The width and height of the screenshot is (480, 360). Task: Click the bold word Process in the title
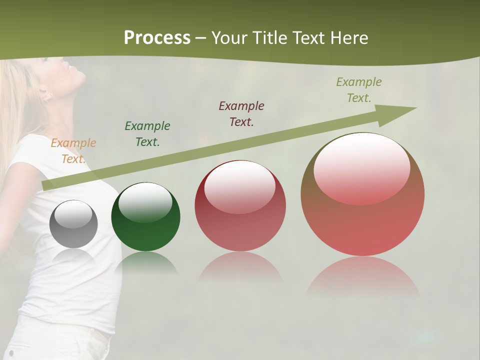157,38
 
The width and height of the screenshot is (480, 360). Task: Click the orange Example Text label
73,151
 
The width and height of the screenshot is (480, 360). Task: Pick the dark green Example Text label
147,134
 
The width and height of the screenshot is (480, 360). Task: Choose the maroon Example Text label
241,113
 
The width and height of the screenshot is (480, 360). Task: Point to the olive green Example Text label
359,90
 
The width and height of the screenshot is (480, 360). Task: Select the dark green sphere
145,217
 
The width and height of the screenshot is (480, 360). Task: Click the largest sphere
362,194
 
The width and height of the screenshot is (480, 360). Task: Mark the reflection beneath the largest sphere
362,277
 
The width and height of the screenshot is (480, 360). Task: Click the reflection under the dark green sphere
145,263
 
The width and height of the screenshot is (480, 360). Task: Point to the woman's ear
46,93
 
